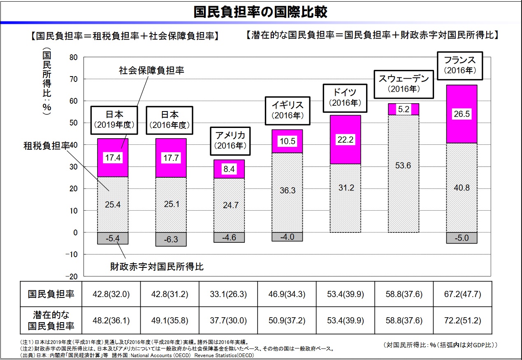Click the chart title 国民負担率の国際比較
(x=261, y=12)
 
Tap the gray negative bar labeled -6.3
(x=171, y=239)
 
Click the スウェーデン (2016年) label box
(x=404, y=84)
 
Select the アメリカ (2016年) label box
(x=230, y=140)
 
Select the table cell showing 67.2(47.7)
(x=462, y=294)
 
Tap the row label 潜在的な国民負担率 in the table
(x=51, y=321)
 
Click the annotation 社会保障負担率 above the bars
(x=151, y=70)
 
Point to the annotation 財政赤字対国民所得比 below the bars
(x=156, y=266)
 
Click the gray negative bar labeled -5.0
(x=462, y=238)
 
